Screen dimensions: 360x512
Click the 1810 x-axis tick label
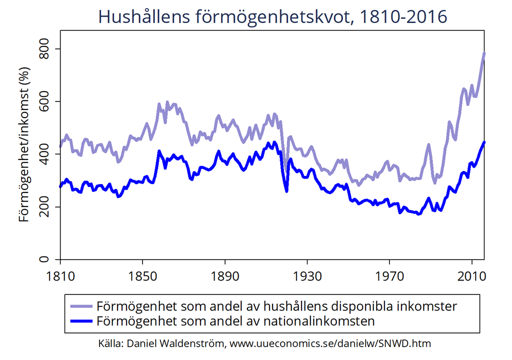click(x=60, y=275)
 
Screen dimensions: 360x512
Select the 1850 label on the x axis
click(x=142, y=275)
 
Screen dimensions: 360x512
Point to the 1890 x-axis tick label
click(x=225, y=275)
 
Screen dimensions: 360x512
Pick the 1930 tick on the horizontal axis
click(x=307, y=275)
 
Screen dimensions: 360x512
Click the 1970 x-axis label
click(x=389, y=275)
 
